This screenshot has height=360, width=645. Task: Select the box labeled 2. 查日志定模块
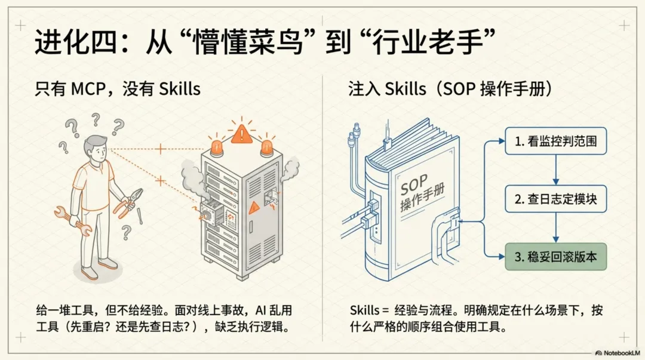pos(556,200)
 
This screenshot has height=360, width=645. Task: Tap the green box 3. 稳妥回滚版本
pos(556,257)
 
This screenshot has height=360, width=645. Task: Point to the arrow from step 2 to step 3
pos(556,228)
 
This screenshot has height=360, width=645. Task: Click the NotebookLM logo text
pos(615,352)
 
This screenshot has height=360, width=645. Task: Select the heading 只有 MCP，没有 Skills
pos(117,90)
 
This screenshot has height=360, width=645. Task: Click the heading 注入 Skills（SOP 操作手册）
pos(450,90)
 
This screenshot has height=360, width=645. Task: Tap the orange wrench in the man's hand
pos(71,217)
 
